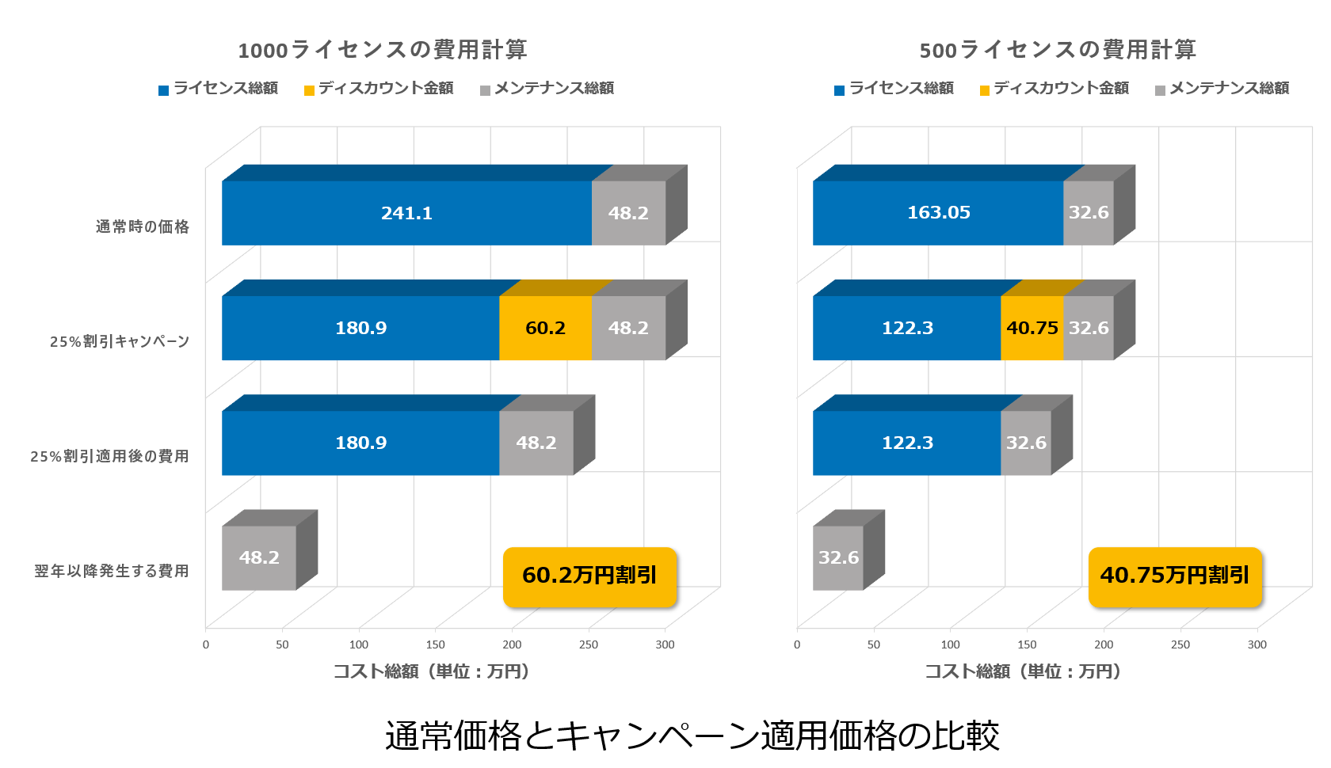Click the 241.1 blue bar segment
pos(406,213)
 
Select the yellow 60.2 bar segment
pos(545,328)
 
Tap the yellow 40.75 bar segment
pos(1032,328)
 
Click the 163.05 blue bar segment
pos(938,213)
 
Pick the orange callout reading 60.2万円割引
pos(589,576)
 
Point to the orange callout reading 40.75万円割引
pos(1174,576)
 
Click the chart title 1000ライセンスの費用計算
pos(383,50)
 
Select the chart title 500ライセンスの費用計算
pos(1058,50)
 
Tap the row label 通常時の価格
pos(143,227)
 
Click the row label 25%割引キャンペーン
pos(120,342)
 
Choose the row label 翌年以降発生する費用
pos(112,572)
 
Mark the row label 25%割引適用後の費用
pos(110,457)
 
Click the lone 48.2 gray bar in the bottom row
pos(259,557)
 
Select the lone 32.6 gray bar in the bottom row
pos(838,557)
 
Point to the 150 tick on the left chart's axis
pos(436,645)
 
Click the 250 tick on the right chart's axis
pos(1180,645)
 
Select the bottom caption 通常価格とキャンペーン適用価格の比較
pos(692,736)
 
